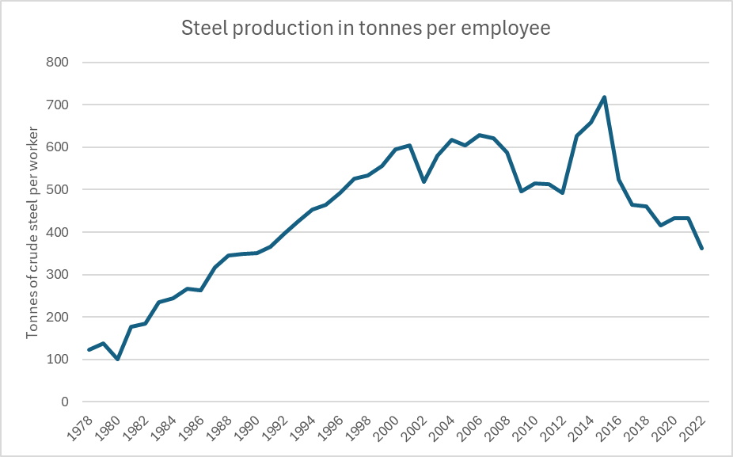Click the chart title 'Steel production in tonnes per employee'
366,29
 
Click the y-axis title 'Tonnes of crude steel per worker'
32,233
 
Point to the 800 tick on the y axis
57,63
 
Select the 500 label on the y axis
57,189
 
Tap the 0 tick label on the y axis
64,402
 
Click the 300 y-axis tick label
57,275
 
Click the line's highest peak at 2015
605,97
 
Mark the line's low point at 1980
117,360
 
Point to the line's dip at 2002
424,181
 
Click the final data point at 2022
701,249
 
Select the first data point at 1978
89,349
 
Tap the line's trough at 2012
563,192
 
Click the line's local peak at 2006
479,135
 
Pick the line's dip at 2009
521,192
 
